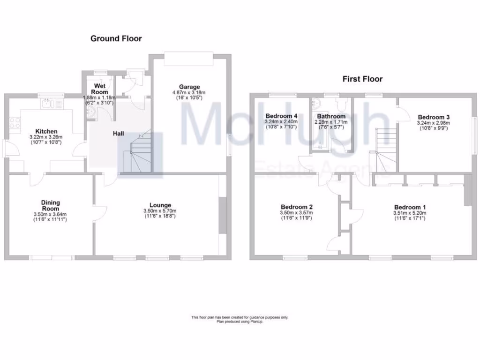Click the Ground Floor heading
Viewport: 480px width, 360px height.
(x=116, y=38)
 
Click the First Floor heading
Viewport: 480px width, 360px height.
(x=362, y=79)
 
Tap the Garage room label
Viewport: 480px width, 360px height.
(x=189, y=87)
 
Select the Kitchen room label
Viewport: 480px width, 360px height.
(x=46, y=131)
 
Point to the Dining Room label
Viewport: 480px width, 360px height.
(x=50, y=206)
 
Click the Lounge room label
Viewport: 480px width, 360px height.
(x=160, y=205)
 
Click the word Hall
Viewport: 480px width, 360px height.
(x=118, y=134)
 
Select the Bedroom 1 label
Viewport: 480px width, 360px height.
(x=410, y=207)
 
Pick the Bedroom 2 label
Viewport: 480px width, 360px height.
(x=297, y=207)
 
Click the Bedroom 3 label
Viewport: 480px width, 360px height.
(x=434, y=117)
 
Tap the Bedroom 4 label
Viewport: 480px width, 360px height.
(x=281, y=116)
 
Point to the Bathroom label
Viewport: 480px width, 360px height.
(x=331, y=116)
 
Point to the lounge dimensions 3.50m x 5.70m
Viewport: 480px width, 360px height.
(x=160, y=211)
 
